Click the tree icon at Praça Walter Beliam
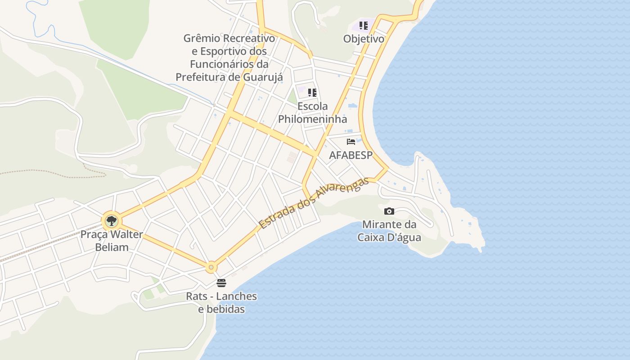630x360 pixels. (111, 221)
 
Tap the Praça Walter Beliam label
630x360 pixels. (112, 241)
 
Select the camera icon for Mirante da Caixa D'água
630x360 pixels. (389, 211)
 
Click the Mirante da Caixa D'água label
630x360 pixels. (389, 230)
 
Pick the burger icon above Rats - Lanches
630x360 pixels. (221, 283)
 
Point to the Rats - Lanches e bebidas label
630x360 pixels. (221, 302)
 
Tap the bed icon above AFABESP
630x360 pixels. (351, 142)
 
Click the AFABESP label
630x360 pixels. (351, 155)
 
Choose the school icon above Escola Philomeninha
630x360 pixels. (312, 93)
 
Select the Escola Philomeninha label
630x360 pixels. (312, 112)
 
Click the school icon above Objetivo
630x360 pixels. (364, 26)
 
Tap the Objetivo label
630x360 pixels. (364, 39)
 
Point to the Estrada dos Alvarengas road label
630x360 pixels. (314, 203)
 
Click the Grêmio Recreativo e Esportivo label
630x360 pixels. (229, 58)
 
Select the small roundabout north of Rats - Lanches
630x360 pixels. (211, 267)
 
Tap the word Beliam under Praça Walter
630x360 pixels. (112, 247)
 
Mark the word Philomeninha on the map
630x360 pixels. (312, 119)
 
